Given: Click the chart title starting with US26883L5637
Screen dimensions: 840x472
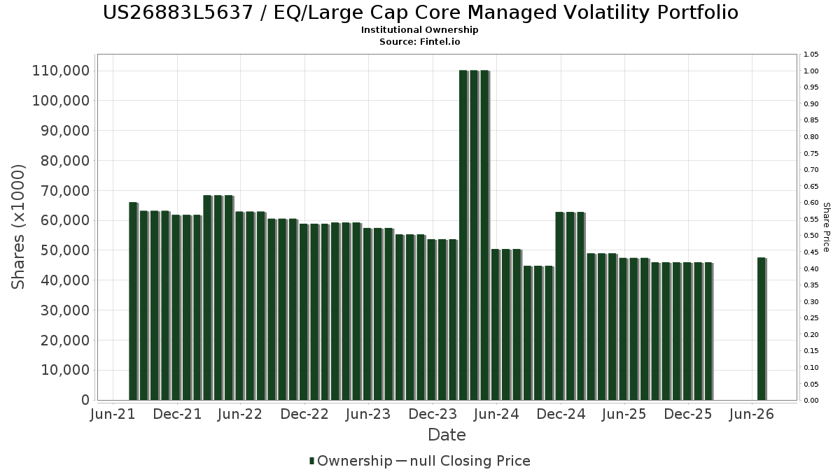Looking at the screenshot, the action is coord(421,13).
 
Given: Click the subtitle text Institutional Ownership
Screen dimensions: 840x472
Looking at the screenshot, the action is coord(419,30).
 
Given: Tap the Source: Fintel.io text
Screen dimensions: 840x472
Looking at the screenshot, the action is coord(419,41).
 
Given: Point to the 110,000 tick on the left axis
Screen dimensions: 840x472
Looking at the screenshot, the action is coord(61,71).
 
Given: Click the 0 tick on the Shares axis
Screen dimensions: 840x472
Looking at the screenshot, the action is coord(85,400).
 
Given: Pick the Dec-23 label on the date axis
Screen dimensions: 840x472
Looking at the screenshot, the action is coord(433,414).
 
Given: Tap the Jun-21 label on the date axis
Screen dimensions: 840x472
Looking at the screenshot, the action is coord(113,414).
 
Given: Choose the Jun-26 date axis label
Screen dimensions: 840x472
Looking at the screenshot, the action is coord(752,414).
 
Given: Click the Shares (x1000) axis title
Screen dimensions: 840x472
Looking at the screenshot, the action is coord(18,227).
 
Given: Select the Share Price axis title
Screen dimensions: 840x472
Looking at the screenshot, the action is coord(826,227).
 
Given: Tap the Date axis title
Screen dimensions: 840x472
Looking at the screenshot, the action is coord(447,435).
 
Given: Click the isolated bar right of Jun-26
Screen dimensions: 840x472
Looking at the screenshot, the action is coord(762,329).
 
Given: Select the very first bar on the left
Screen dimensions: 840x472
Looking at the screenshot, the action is coord(133,301).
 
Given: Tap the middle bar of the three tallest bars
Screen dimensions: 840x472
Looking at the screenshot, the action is coord(474,235).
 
